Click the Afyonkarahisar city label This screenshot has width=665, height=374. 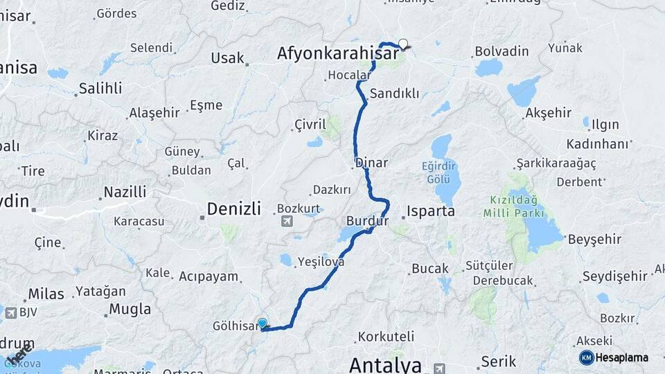click(x=338, y=53)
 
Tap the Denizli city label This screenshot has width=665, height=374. click(x=233, y=208)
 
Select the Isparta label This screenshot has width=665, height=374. click(x=431, y=211)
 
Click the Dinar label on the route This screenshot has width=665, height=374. click(x=371, y=163)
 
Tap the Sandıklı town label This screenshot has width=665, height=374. click(x=394, y=93)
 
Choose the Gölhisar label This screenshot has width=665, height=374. click(x=236, y=326)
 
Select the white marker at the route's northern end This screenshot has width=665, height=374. click(x=402, y=44)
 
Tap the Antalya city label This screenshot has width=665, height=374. click(x=385, y=364)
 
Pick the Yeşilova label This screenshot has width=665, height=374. click(x=321, y=262)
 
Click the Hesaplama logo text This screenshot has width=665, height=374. click(x=622, y=357)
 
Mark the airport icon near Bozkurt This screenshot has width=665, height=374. click(x=287, y=222)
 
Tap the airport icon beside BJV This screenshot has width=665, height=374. click(x=11, y=313)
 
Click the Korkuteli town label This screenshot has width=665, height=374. click(x=386, y=338)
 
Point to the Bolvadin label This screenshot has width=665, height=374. click(x=502, y=51)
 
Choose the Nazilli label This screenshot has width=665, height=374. click(x=125, y=192)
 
